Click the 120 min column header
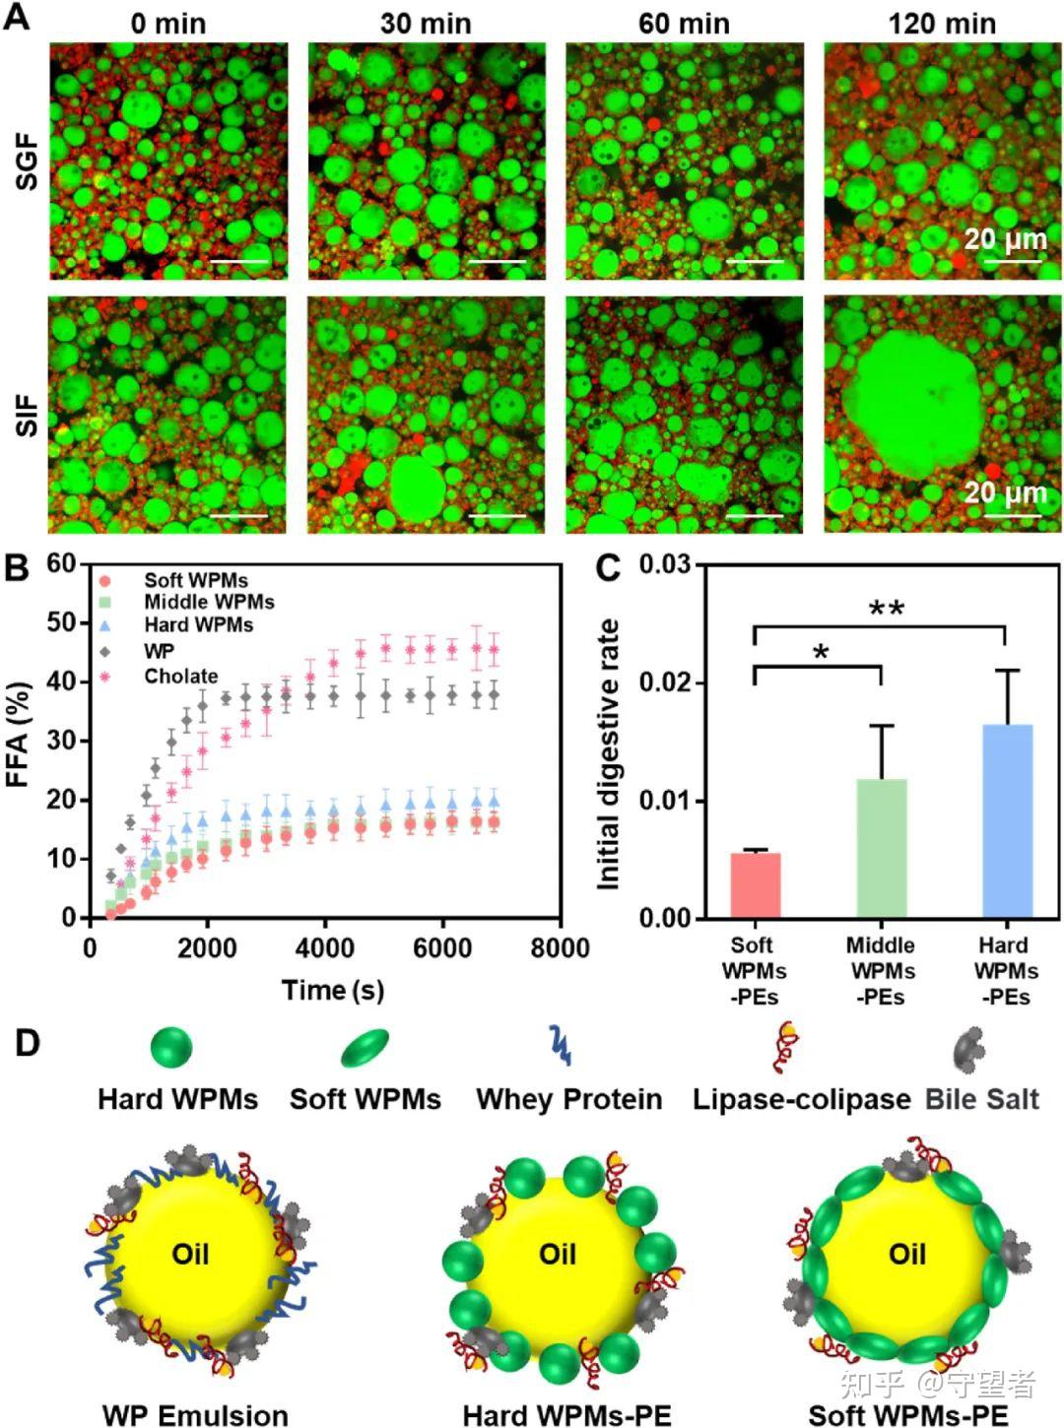point(942,23)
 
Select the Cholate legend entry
point(179,677)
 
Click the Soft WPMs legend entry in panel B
point(195,581)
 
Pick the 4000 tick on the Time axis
point(325,947)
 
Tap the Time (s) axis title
point(332,990)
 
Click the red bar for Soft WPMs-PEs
point(756,884)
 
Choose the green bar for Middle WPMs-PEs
point(881,848)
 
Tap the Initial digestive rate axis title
point(608,754)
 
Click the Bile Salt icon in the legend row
point(968,1049)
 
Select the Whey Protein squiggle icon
point(560,1046)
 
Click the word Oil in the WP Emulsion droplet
point(190,1254)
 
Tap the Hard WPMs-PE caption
point(566,1415)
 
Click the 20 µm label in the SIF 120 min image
point(1004,491)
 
